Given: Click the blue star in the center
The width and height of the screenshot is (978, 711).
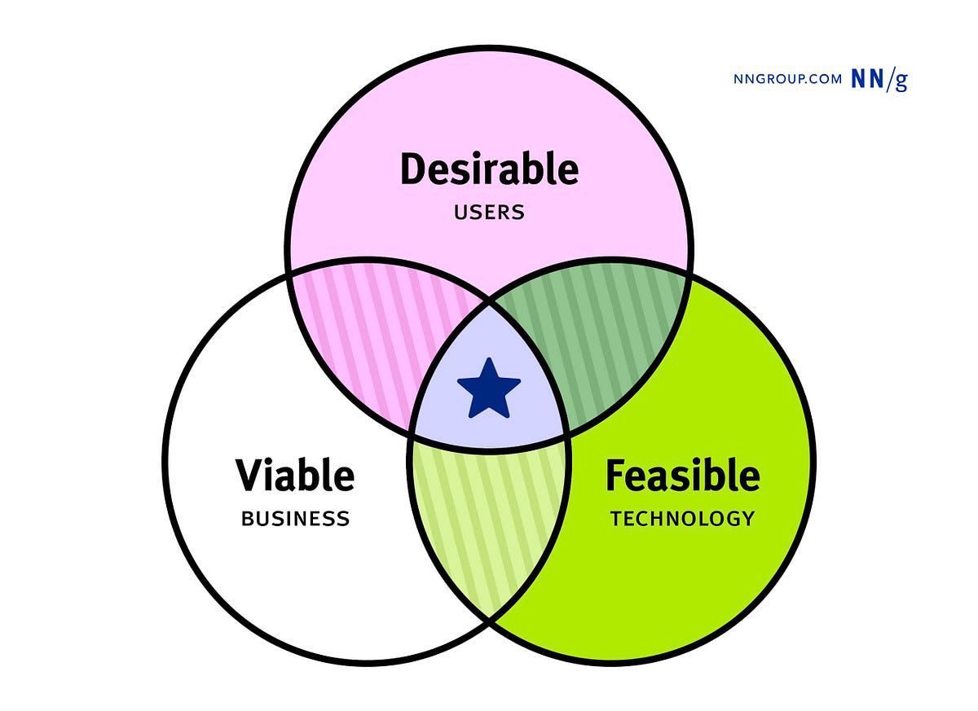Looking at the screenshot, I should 488,389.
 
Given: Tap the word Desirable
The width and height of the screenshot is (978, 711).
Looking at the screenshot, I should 489,170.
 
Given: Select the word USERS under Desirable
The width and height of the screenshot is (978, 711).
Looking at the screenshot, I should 489,213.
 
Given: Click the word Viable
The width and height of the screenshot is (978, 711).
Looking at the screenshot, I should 295,475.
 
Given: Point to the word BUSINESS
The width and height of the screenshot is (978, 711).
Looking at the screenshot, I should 295,518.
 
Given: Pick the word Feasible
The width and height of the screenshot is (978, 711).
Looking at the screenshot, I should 682,475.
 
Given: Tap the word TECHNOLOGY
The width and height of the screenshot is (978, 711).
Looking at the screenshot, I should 682,518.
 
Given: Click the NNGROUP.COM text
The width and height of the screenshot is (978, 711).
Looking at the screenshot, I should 787,79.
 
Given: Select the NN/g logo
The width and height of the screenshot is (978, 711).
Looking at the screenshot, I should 879,79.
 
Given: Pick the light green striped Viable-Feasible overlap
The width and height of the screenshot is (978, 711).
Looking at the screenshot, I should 489,521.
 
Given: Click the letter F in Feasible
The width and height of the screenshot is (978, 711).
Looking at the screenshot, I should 615,475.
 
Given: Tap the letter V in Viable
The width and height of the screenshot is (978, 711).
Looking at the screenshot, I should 249,475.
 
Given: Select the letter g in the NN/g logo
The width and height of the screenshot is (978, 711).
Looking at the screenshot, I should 900,81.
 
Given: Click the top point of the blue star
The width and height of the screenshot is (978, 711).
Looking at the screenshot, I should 488,359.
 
